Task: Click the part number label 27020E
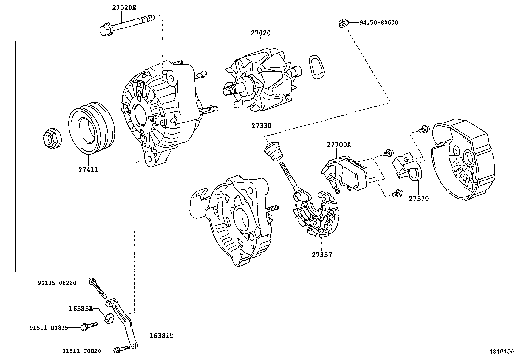tap(124, 7)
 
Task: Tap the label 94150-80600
tap(379, 23)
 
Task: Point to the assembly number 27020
tap(261, 33)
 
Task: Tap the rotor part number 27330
tap(261, 126)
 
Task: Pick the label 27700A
tap(338, 144)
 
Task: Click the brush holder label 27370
tap(418, 199)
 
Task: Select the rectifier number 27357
tap(321, 255)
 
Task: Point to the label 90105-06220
tap(57, 283)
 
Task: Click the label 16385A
tap(81, 308)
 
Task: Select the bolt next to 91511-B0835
tap(89, 326)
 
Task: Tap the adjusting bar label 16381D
tap(161, 336)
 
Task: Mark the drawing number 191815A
tap(502, 351)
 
